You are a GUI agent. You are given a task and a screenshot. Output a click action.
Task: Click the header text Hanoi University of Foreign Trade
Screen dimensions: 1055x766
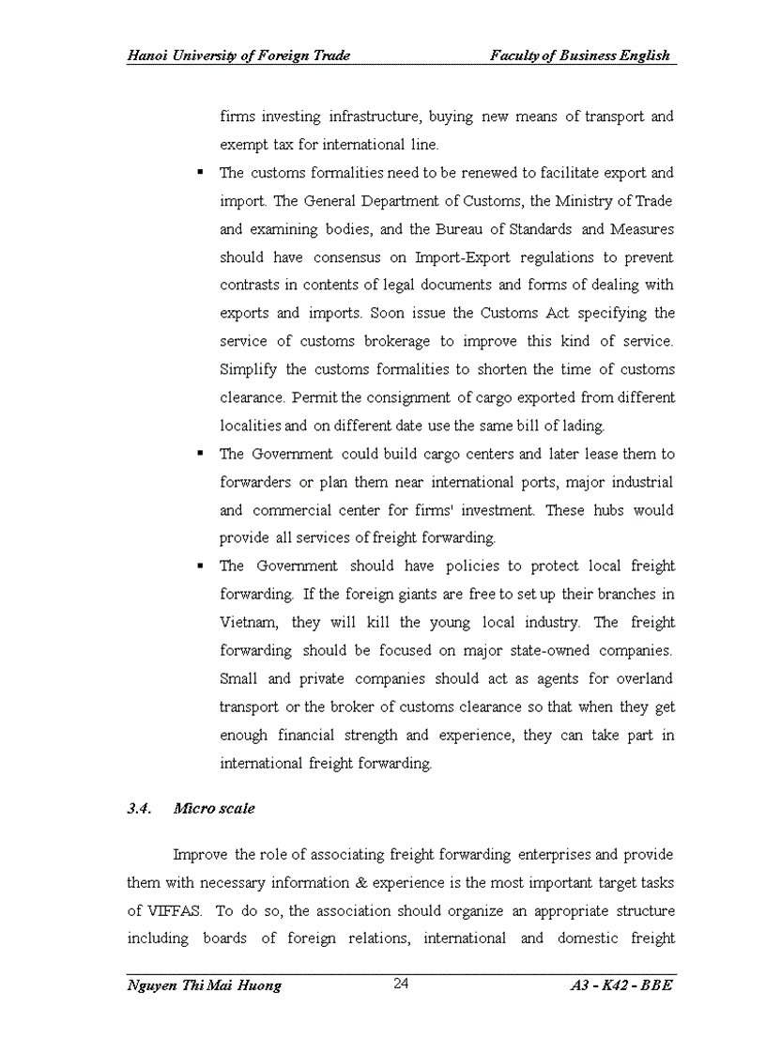(x=238, y=55)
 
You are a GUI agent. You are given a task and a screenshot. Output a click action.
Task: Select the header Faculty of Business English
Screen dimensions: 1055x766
(x=580, y=55)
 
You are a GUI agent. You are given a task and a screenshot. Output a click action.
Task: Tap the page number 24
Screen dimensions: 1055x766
(x=401, y=984)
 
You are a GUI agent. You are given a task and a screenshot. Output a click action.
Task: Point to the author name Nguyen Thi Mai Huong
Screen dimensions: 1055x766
(x=204, y=985)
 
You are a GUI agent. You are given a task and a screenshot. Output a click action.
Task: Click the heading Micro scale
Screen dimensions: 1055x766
(x=214, y=809)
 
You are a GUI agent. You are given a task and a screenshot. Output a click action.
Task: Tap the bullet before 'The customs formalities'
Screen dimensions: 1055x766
(x=201, y=173)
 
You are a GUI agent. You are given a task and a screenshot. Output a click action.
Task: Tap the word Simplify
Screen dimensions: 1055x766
(x=247, y=369)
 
